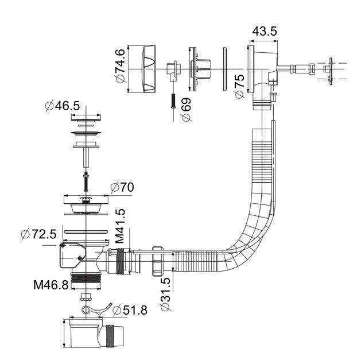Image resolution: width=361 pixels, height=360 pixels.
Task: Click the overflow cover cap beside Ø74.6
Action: click(x=147, y=67)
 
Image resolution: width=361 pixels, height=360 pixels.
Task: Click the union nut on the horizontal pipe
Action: click(x=157, y=261)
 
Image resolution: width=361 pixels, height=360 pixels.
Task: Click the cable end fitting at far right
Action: click(x=329, y=70)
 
